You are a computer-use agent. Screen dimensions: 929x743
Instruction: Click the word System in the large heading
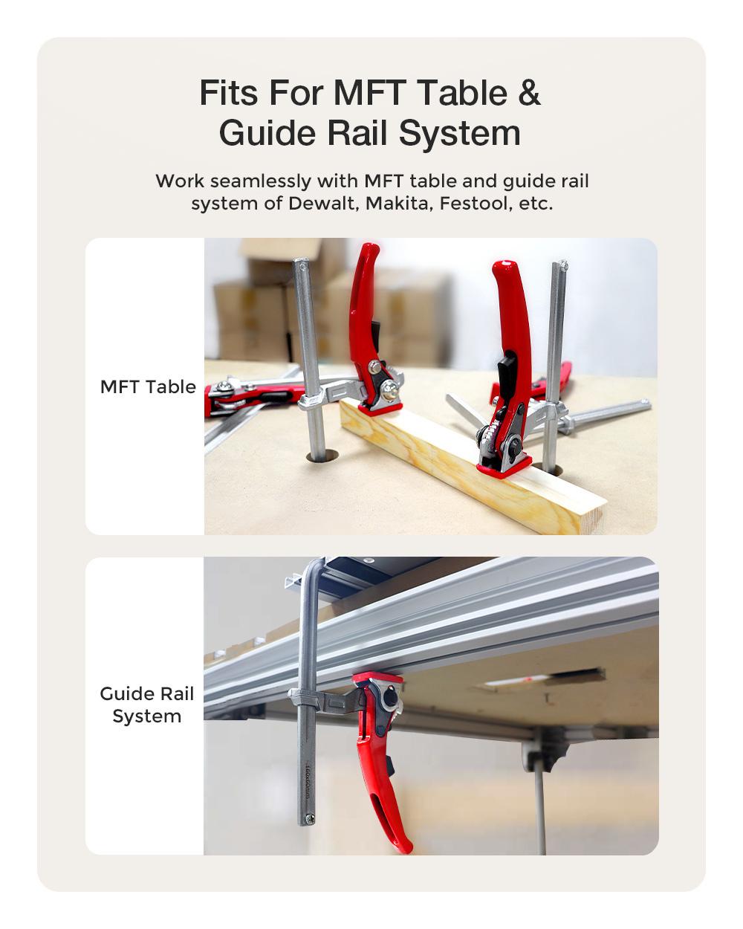(459, 134)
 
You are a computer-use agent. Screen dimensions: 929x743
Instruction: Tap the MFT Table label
(148, 386)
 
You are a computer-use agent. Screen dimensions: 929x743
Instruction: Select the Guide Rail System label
(146, 705)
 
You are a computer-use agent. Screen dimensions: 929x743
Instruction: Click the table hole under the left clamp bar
(319, 457)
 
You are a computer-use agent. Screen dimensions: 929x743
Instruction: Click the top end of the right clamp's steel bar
(560, 265)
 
